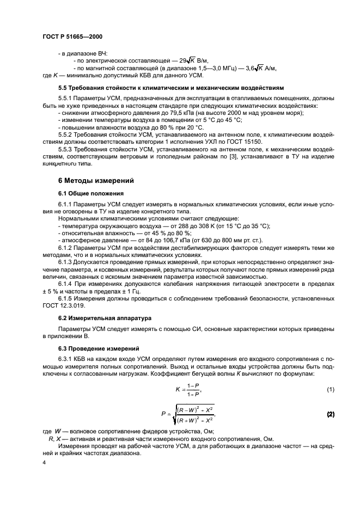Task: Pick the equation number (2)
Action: pyautogui.click(x=330, y=414)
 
